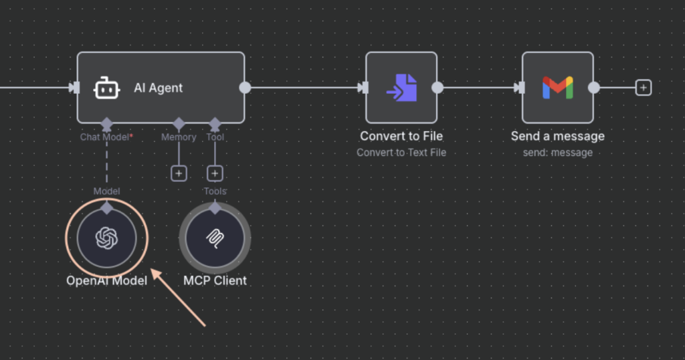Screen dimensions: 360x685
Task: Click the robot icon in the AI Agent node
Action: tap(106, 88)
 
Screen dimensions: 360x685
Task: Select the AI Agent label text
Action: tap(159, 88)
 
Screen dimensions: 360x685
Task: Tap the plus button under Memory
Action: tap(179, 173)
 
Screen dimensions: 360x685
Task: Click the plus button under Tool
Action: tap(215, 173)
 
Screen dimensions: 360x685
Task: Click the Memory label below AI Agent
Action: tap(179, 137)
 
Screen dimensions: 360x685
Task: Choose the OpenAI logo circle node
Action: tap(106, 238)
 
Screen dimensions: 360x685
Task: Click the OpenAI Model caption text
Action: tap(106, 280)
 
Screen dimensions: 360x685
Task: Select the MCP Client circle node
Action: tap(215, 238)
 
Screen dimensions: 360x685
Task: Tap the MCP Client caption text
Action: tap(215, 280)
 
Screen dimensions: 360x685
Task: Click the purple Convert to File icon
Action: tap(401, 88)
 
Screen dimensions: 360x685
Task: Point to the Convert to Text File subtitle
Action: tap(401, 153)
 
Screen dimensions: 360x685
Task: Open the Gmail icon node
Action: tap(557, 88)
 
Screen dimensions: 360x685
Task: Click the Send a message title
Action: tap(557, 137)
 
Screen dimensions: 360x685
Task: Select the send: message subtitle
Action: tap(557, 153)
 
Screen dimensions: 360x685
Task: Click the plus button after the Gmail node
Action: tap(644, 88)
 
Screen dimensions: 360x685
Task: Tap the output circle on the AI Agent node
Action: tap(245, 88)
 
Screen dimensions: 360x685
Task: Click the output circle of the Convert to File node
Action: tap(437, 88)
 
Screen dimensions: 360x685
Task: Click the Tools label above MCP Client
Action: tap(215, 191)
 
